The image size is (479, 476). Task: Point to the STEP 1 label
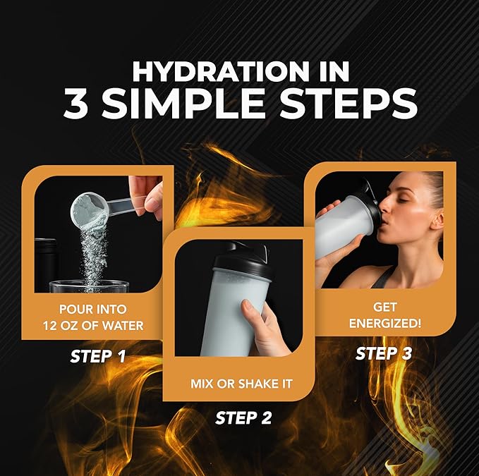click(x=98, y=356)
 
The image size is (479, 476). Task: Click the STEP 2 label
click(x=243, y=417)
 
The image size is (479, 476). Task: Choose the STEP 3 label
click(x=384, y=353)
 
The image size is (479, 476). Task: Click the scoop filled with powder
click(x=89, y=208)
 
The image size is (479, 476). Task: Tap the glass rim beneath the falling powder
click(x=87, y=283)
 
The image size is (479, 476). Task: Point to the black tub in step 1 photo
click(x=47, y=264)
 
